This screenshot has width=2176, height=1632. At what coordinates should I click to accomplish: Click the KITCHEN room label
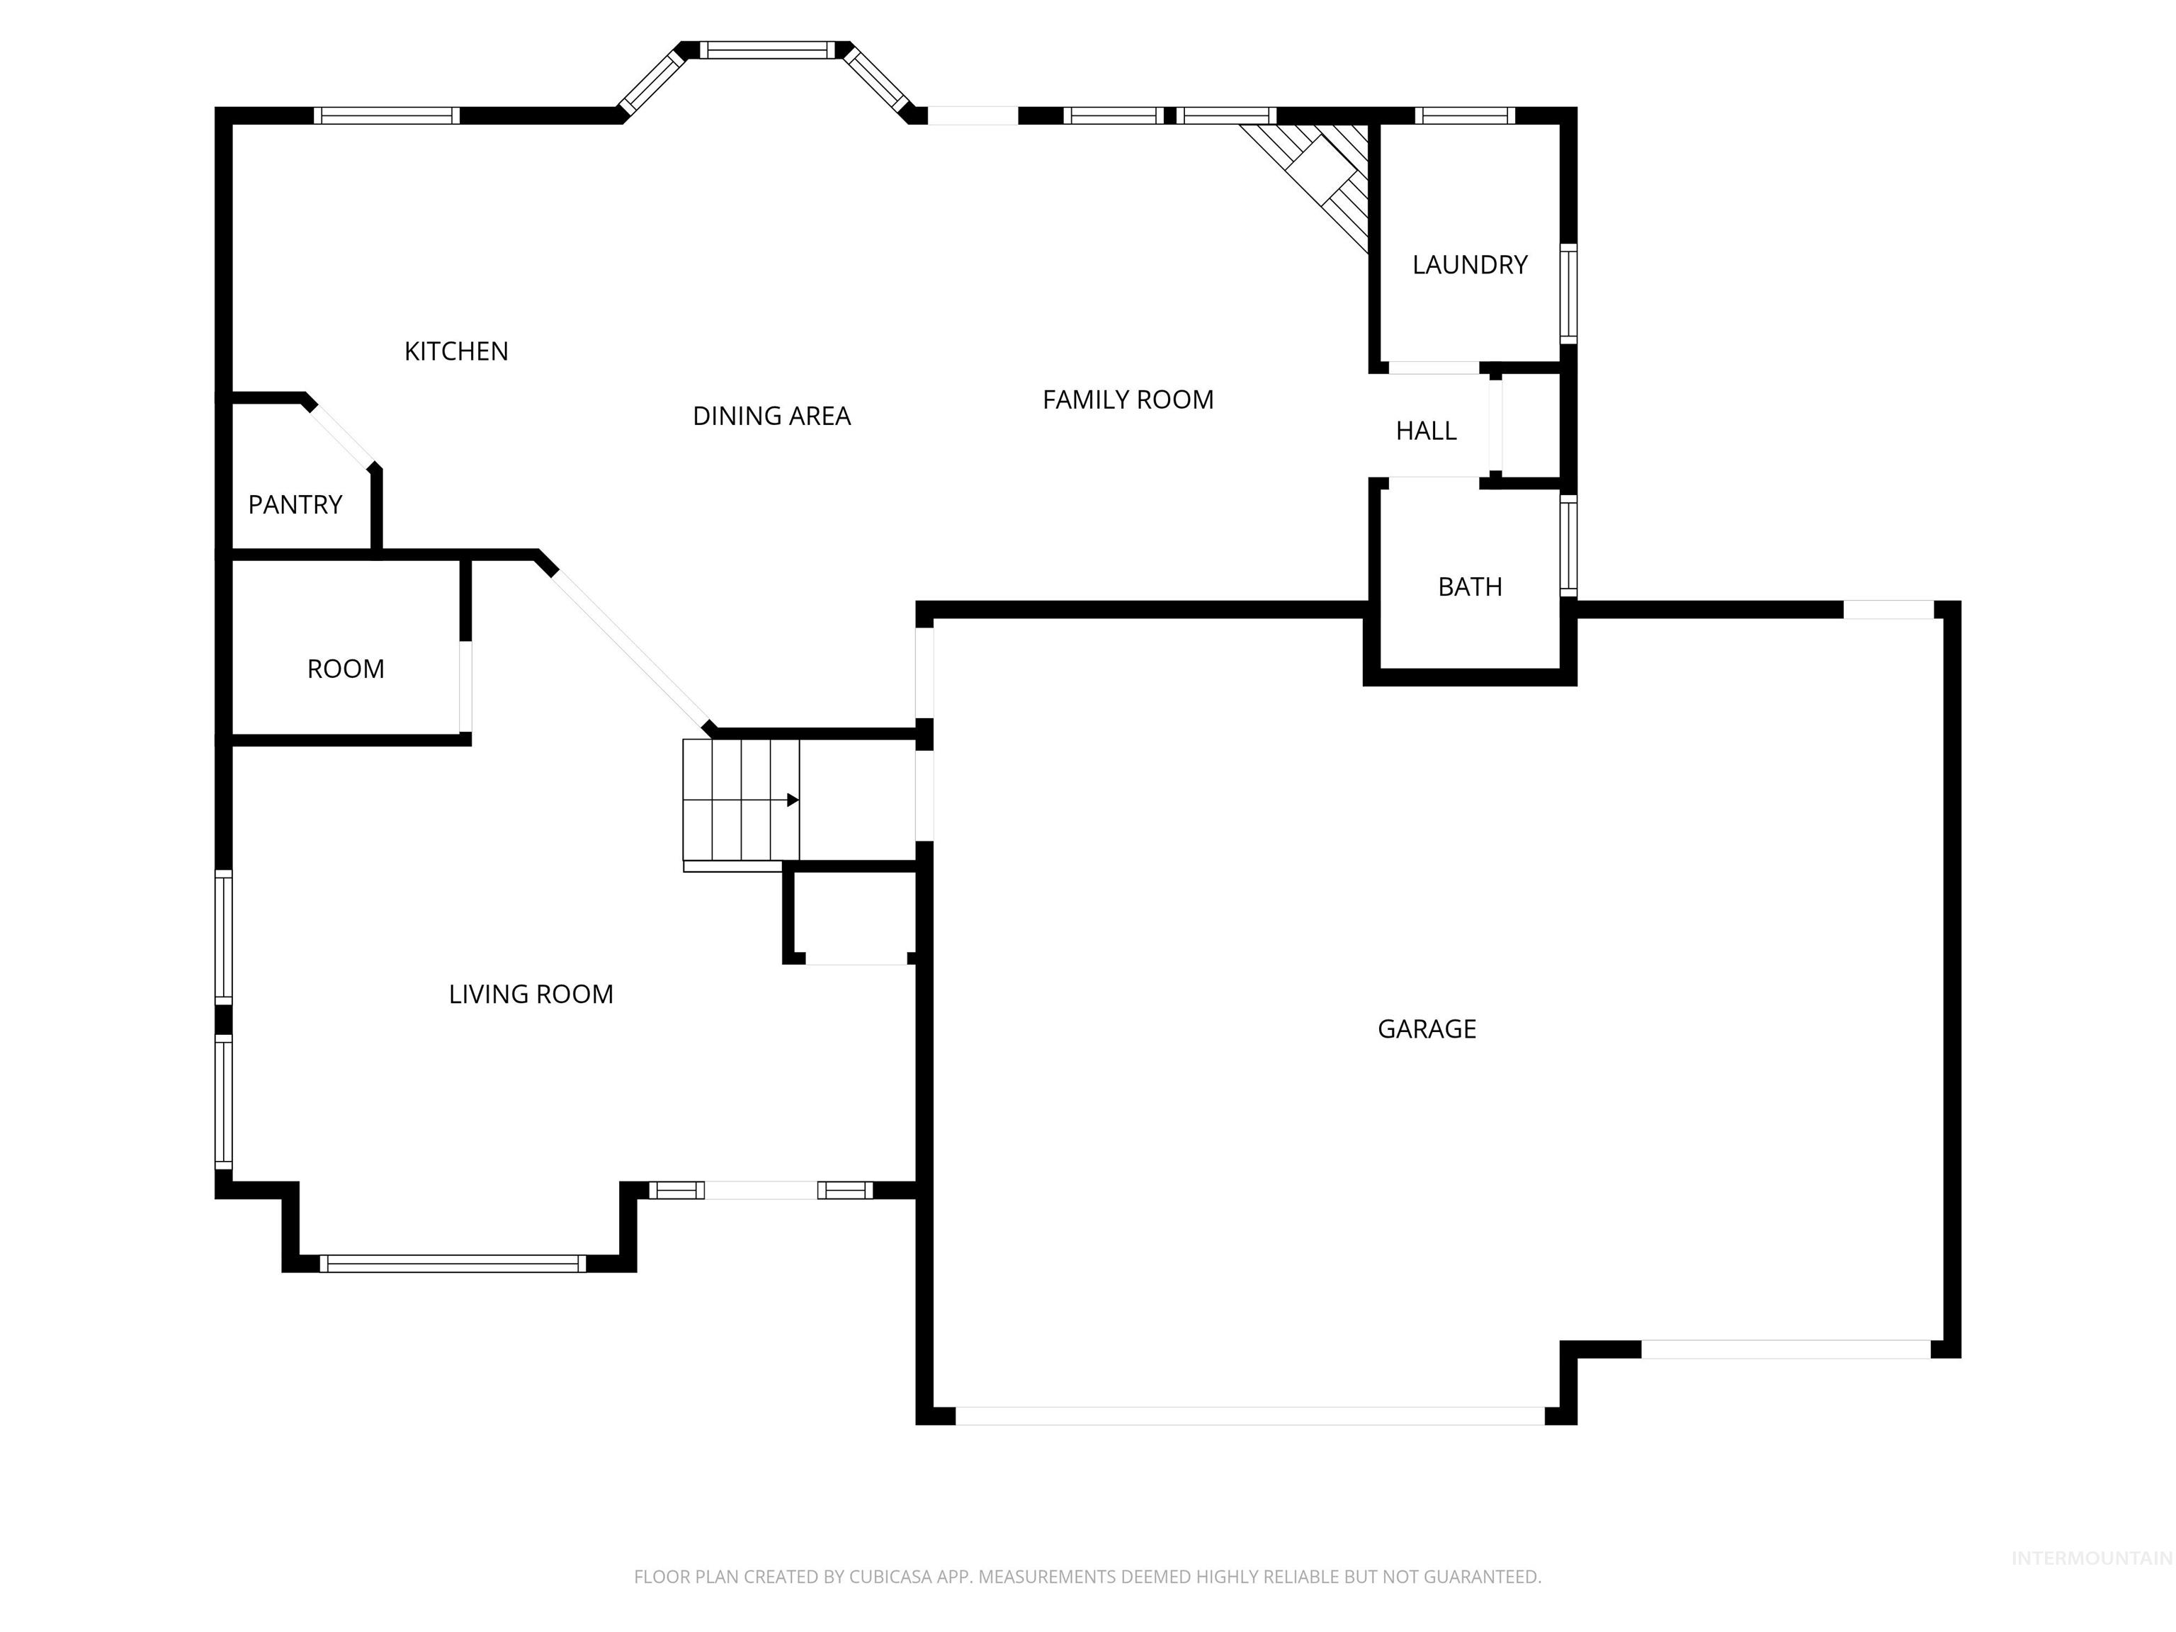pyautogui.click(x=455, y=351)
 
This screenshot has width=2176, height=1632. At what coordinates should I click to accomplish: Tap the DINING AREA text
pyautogui.click(x=771, y=416)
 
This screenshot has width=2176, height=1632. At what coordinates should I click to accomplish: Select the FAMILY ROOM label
pyautogui.click(x=1128, y=399)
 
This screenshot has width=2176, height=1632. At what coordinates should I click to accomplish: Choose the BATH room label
pyautogui.click(x=1470, y=587)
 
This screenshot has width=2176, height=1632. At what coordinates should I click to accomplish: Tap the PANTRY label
pyautogui.click(x=295, y=504)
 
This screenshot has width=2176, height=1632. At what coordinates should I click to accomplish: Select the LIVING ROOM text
pyautogui.click(x=531, y=994)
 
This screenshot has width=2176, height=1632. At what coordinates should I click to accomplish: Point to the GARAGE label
pyautogui.click(x=1427, y=1029)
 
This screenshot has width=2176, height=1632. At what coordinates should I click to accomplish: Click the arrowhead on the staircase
pyautogui.click(x=792, y=800)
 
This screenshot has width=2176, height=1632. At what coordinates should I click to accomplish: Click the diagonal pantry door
pyautogui.click(x=341, y=435)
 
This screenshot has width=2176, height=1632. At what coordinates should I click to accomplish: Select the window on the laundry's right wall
pyautogui.click(x=1569, y=293)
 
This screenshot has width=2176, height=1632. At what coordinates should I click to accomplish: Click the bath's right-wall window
pyautogui.click(x=1569, y=546)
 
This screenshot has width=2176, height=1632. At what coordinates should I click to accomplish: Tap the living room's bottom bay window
pyautogui.click(x=453, y=1264)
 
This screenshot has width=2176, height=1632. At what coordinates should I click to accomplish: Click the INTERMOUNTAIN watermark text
pyautogui.click(x=2090, y=1558)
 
